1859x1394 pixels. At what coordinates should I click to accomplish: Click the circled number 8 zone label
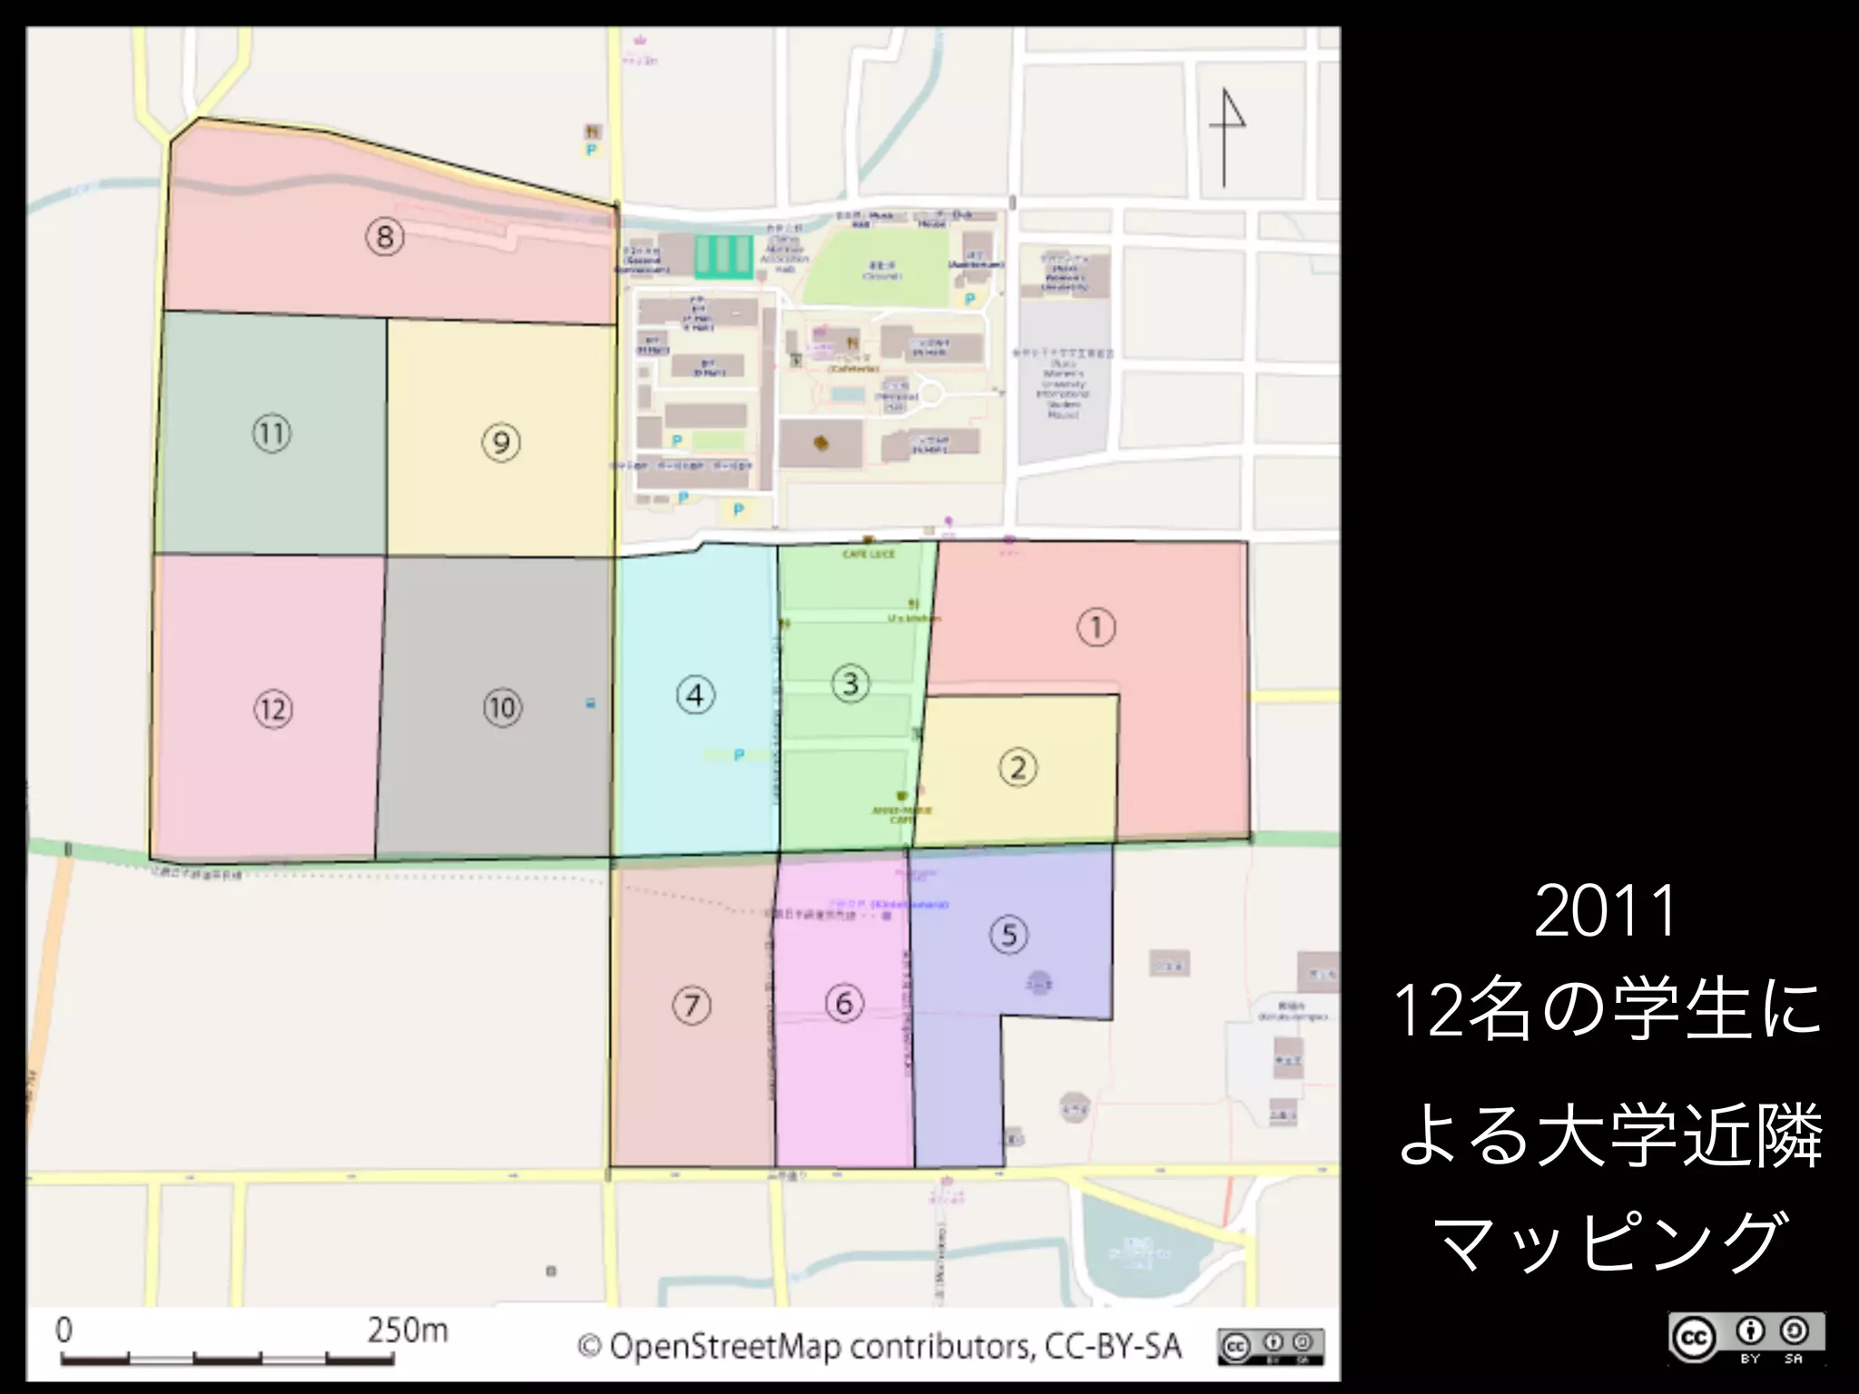[x=385, y=237]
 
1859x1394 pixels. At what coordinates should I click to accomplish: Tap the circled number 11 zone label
[x=271, y=433]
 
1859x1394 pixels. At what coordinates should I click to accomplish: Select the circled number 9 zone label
[x=501, y=443]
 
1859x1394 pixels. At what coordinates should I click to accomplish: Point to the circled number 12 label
[x=273, y=709]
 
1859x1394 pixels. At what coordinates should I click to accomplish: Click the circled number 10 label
[x=502, y=708]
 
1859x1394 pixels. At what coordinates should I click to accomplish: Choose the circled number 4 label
[x=695, y=696]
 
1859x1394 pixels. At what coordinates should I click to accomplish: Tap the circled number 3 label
[x=851, y=683]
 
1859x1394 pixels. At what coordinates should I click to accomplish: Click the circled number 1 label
[x=1096, y=627]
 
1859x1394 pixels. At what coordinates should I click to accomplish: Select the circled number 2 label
[x=1018, y=768]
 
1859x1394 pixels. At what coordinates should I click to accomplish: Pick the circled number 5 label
[x=1008, y=935]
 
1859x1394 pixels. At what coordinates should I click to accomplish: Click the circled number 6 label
[x=844, y=1003]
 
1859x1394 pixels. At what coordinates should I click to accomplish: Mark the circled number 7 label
[x=692, y=1006]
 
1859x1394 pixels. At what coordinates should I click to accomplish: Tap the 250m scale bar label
[x=408, y=1330]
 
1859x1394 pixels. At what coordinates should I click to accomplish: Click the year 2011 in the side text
[x=1605, y=911]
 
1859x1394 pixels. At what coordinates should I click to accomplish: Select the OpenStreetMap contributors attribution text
[x=880, y=1346]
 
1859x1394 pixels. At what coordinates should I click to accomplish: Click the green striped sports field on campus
[x=723, y=256]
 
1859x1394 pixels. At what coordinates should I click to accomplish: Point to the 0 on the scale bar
[x=64, y=1330]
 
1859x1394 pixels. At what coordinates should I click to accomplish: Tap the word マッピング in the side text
[x=1607, y=1242]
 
